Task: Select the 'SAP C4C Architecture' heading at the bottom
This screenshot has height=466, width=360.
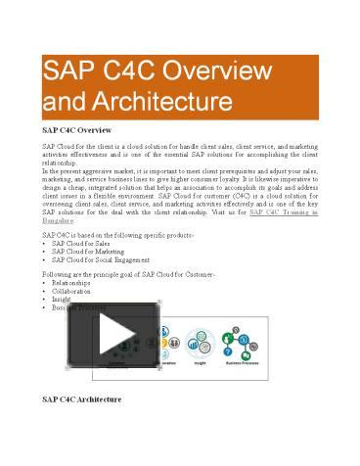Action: [x=83, y=399]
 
